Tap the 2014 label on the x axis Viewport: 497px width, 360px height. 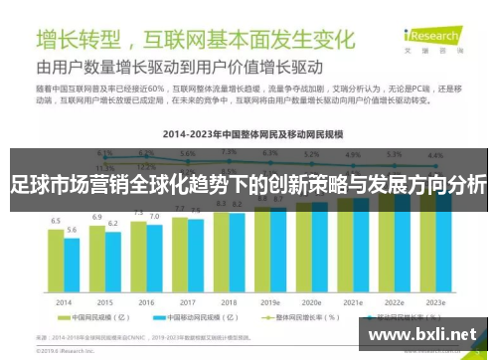(64, 301)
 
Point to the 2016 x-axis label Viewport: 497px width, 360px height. (146, 301)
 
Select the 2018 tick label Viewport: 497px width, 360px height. (229, 301)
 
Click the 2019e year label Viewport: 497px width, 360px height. (270, 301)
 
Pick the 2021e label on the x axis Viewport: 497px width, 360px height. (353, 301)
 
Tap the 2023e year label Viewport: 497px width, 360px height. (435, 301)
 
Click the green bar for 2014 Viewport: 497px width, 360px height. (57, 265)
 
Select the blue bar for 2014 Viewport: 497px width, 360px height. (72, 268)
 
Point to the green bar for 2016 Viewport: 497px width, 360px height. (139, 259)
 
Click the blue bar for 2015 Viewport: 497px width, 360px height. (112, 264)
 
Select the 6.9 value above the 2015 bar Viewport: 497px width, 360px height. (97, 217)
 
